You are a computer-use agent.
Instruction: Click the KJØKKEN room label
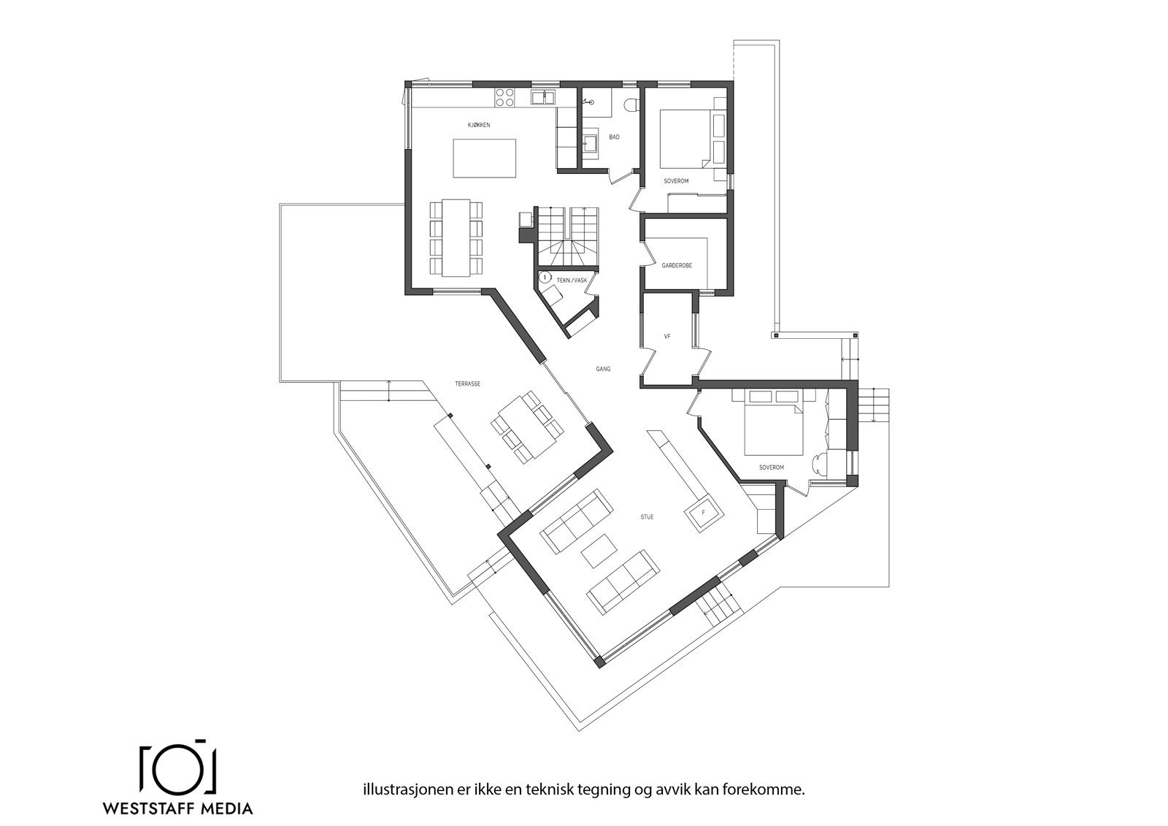[x=479, y=126]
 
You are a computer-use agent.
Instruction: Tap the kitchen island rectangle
[x=485, y=158]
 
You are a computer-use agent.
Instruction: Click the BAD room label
[x=614, y=137]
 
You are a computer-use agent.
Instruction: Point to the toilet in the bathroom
[x=631, y=105]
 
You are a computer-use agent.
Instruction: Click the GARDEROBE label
[x=677, y=266]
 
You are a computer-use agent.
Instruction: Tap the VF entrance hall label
[x=666, y=337]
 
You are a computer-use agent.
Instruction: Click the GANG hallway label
[x=603, y=370]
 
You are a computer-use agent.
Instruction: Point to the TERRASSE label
[x=467, y=383]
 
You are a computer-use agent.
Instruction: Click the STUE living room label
[x=647, y=517]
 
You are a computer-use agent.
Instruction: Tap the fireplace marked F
[x=703, y=513]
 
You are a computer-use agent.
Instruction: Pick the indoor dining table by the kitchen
[x=456, y=237]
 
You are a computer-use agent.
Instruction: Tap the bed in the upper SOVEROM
[x=683, y=139]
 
